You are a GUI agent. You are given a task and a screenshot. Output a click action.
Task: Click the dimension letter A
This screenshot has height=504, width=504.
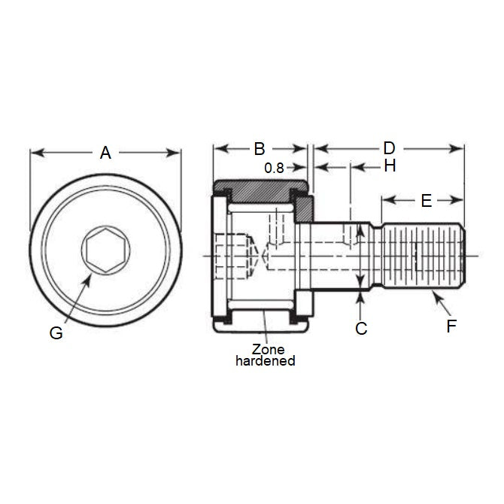click(105, 153)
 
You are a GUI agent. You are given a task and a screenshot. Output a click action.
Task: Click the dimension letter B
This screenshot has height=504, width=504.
click(259, 147)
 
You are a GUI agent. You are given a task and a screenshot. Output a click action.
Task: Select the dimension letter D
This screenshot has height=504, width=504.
click(389, 147)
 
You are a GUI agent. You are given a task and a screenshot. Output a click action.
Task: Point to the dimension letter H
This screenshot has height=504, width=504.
click(389, 166)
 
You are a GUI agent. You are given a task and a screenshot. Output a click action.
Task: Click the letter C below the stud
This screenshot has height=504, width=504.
click(361, 329)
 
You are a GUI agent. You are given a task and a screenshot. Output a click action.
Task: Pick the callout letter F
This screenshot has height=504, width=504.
click(451, 326)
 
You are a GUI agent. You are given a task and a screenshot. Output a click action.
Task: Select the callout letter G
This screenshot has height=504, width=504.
click(56, 333)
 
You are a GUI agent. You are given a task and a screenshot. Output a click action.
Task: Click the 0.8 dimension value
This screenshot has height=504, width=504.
click(275, 169)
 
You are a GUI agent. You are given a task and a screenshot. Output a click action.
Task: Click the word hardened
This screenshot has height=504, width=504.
click(265, 360)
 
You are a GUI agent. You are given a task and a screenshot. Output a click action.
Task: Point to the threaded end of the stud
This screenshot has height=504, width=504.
click(423, 256)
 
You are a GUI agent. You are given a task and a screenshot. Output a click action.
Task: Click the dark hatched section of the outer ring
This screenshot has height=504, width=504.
click(260, 186)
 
